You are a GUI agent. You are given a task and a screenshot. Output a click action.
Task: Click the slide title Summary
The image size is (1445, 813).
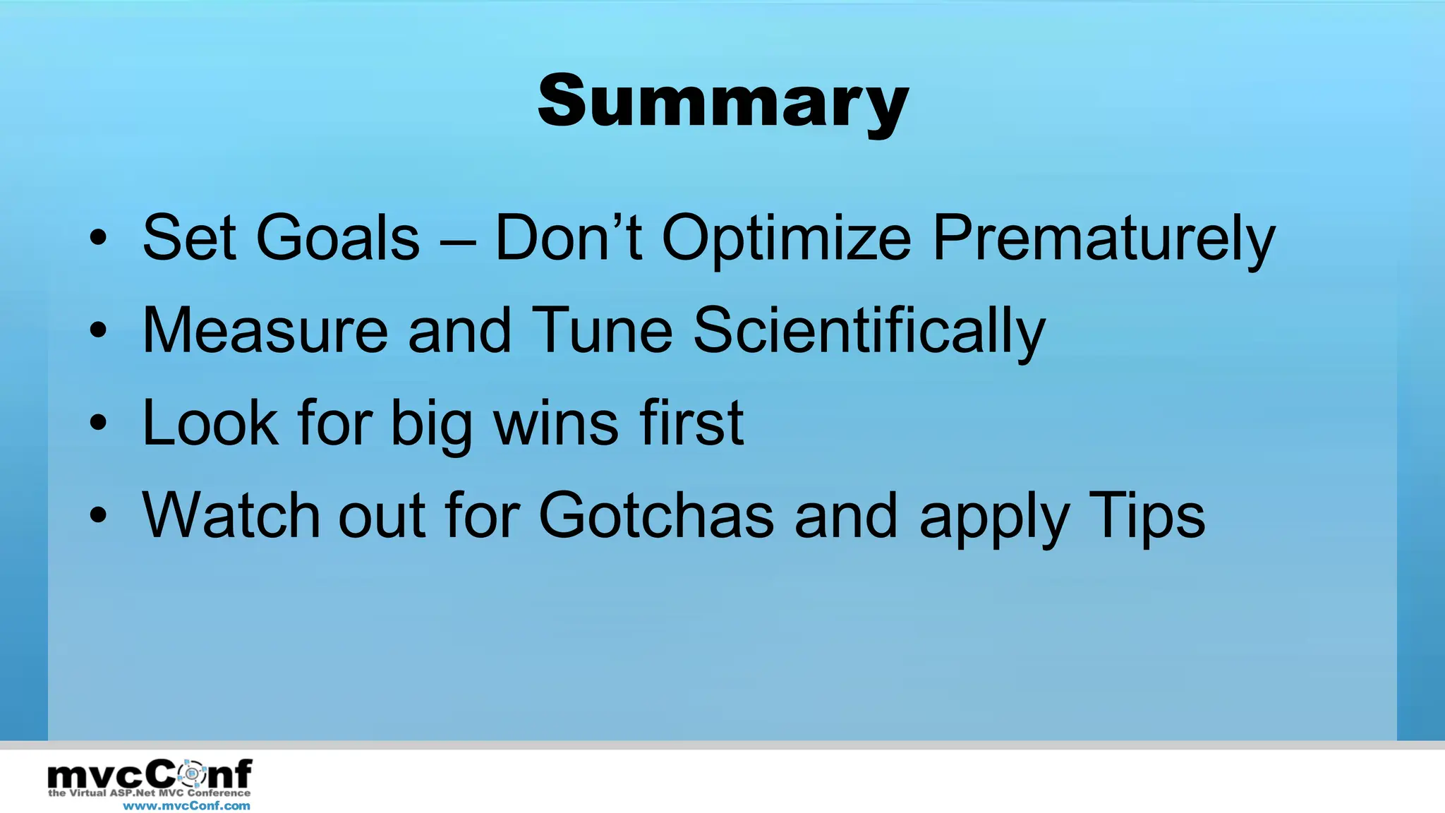coord(722,102)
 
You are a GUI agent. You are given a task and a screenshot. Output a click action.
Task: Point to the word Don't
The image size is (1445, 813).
coord(568,238)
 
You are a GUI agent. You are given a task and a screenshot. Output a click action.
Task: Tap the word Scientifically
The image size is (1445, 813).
coord(869,332)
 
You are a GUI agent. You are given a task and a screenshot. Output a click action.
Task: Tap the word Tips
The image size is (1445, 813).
coord(1147,517)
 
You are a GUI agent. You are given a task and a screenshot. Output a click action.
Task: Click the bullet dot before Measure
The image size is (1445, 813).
coord(99,330)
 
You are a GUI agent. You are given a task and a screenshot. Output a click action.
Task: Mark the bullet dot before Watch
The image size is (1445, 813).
coord(99,515)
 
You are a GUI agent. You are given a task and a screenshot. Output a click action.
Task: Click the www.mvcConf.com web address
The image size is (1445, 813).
coord(186,805)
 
